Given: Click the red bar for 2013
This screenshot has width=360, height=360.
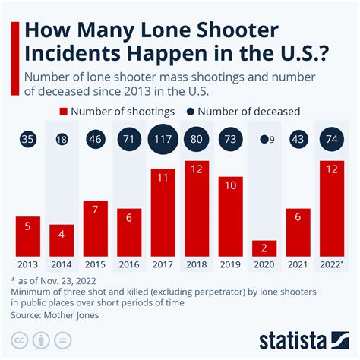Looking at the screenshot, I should [27, 236].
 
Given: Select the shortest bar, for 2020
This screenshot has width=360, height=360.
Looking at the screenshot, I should [263, 248].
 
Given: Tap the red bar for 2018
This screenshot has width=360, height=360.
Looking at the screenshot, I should [197, 209].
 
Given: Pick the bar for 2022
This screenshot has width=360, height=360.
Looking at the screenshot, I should [331, 209].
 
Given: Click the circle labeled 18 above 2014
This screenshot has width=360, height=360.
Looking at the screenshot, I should [62, 140].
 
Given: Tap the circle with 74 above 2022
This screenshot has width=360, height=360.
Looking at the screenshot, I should [331, 140].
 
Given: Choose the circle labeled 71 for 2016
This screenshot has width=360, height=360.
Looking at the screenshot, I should [129, 140].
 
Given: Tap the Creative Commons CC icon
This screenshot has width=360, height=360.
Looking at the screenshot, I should [23, 339].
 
